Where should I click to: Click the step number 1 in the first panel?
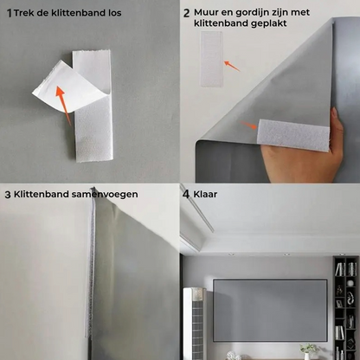tap(10, 13)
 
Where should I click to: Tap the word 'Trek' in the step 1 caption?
tap(25, 13)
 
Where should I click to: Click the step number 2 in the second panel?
tap(186, 14)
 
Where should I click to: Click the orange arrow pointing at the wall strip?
tap(231, 63)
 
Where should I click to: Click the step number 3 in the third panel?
tap(8, 195)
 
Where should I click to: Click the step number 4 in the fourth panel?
tap(186, 195)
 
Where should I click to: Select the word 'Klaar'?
tap(206, 195)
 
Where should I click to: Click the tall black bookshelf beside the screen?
tap(345, 308)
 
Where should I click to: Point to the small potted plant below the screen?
tap(307, 351)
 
